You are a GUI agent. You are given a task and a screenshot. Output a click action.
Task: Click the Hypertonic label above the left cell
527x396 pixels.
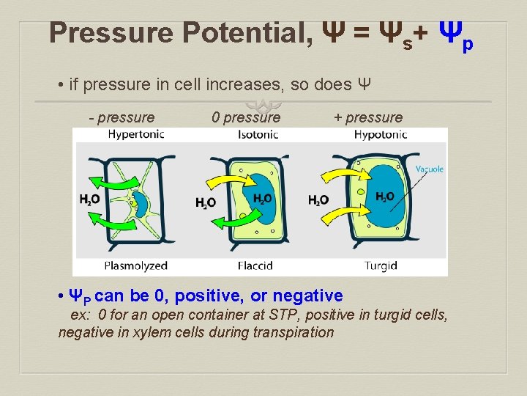tap(136, 134)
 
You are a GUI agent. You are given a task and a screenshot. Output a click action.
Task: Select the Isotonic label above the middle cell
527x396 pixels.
tap(258, 134)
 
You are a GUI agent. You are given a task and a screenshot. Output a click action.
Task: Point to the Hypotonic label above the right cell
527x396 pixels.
tap(381, 134)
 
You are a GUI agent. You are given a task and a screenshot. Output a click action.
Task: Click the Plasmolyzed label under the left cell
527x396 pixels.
tap(136, 265)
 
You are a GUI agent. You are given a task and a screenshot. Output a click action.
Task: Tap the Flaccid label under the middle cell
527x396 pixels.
tap(255, 265)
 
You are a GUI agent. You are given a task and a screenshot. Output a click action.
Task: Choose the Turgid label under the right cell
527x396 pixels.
tap(381, 265)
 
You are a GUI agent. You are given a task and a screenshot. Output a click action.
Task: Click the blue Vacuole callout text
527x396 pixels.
tap(430, 169)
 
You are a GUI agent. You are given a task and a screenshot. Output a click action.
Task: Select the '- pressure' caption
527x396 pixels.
tap(122, 117)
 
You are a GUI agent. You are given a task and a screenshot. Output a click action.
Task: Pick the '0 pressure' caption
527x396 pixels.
tap(245, 117)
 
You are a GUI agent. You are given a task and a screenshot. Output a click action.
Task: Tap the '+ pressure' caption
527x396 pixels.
tap(367, 117)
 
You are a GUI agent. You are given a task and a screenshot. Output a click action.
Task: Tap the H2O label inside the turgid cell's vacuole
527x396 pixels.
tap(384, 197)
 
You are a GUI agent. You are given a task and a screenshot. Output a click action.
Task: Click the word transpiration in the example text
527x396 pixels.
tap(294, 332)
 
